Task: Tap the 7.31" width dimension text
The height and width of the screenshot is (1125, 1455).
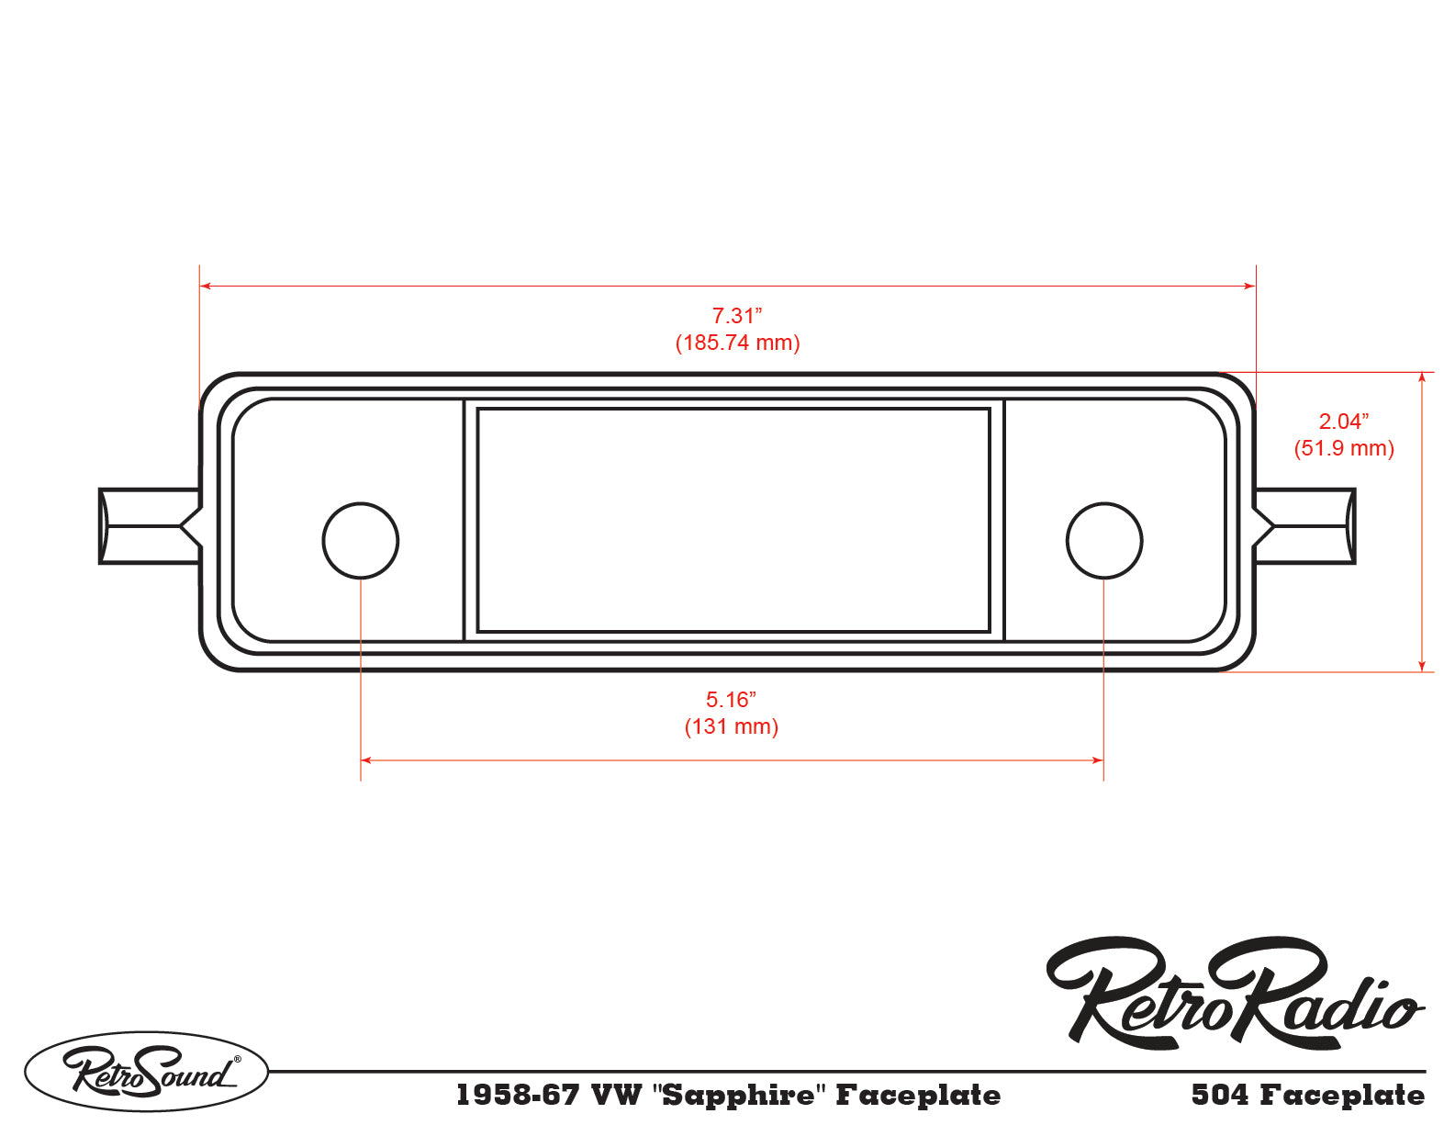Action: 736,315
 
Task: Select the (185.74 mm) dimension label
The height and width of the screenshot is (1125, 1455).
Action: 737,343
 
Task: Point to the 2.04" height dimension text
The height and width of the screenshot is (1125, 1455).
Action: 1343,422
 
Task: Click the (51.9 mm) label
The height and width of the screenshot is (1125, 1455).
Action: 1344,448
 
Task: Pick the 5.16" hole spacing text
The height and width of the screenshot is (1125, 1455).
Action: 731,700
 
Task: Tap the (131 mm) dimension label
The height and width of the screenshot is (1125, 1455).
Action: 732,726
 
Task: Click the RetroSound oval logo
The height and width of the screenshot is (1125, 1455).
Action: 146,1072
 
